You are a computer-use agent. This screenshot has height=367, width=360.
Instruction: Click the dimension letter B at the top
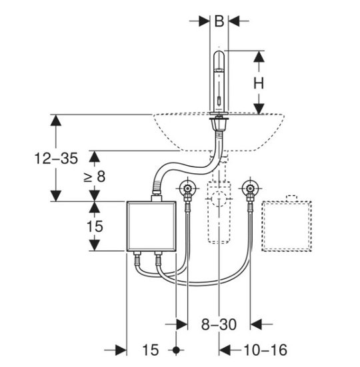(219, 21)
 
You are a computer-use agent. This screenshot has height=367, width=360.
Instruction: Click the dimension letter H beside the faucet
(259, 83)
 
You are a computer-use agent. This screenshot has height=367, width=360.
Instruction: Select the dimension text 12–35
(56, 159)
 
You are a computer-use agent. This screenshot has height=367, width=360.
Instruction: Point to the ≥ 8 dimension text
(95, 177)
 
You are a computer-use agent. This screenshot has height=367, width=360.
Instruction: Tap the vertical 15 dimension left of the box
(95, 226)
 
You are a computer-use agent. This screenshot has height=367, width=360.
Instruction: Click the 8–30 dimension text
(219, 324)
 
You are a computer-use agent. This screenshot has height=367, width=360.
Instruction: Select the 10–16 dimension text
(265, 350)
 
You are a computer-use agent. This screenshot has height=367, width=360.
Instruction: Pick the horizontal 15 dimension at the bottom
(151, 350)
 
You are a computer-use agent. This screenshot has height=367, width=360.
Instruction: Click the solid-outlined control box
(151, 226)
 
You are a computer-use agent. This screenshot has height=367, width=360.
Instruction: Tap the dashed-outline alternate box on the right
(287, 226)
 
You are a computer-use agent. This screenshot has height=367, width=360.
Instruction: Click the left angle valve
(187, 188)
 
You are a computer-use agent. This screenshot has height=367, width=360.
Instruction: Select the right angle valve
(251, 188)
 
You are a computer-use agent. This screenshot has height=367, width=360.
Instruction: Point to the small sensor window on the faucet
(219, 102)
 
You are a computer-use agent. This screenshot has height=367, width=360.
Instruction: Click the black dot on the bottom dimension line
(176, 350)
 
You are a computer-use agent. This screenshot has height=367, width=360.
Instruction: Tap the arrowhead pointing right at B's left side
(204, 21)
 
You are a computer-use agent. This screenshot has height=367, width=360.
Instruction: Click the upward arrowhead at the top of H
(259, 57)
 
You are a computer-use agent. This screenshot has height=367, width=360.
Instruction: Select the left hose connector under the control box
(137, 258)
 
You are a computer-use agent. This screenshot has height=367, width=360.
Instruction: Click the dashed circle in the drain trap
(219, 199)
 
